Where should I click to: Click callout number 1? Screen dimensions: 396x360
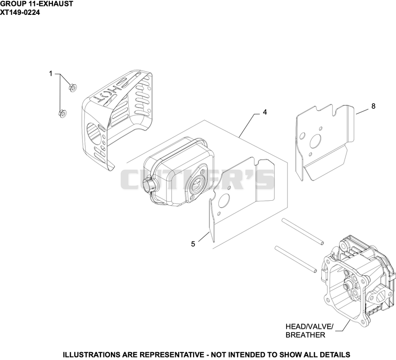(51, 74)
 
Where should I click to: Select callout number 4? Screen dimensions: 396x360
(265, 112)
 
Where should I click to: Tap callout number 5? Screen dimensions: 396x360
(193, 244)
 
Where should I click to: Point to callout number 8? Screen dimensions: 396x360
(373, 106)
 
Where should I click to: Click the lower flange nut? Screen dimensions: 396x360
(62, 114)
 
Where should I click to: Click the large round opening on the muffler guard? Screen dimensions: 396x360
(94, 133)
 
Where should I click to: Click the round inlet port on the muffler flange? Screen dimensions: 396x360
(199, 183)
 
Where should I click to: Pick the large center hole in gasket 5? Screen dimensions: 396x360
(224, 202)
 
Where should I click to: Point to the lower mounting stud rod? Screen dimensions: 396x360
(296, 259)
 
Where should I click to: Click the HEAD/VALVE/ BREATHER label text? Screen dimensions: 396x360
(309, 331)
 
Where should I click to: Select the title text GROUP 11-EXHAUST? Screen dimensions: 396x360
(37, 4)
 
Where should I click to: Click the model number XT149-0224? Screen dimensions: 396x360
(20, 12)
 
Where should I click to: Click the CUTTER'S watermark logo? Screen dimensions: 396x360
(197, 179)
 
